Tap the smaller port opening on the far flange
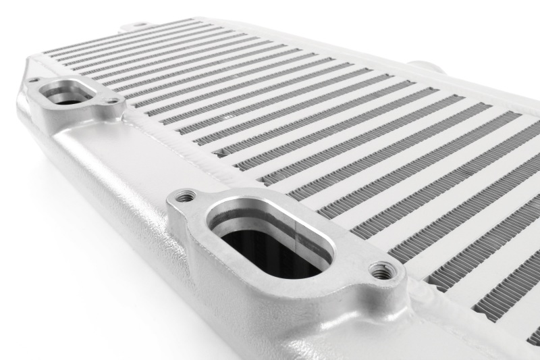pos(67,95)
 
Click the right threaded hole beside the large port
pos(384,270)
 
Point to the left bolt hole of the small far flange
pos(33,80)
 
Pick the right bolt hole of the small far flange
pos(113,101)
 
